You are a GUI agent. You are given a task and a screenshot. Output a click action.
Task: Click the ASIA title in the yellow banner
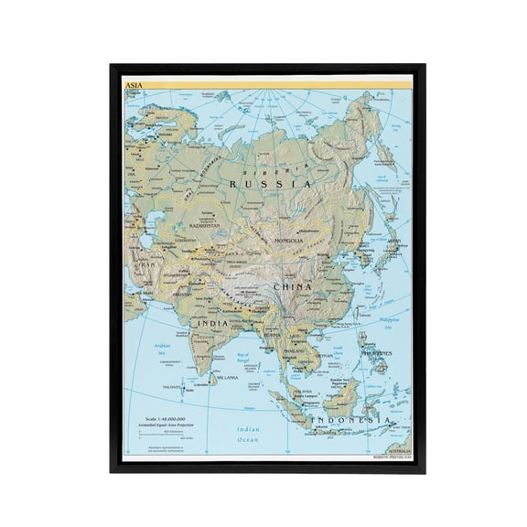point(134,82)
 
